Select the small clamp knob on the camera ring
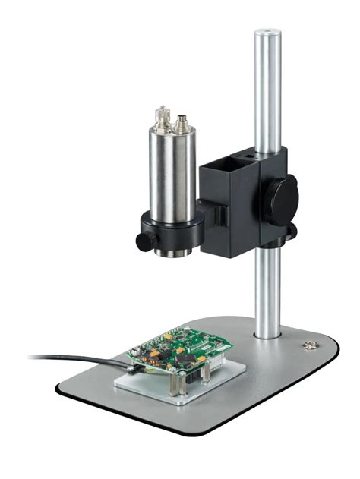click(x=143, y=240)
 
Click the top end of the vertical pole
click(x=267, y=34)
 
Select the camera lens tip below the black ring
click(x=173, y=252)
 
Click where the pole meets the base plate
click(x=267, y=334)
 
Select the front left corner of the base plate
click(x=61, y=388)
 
